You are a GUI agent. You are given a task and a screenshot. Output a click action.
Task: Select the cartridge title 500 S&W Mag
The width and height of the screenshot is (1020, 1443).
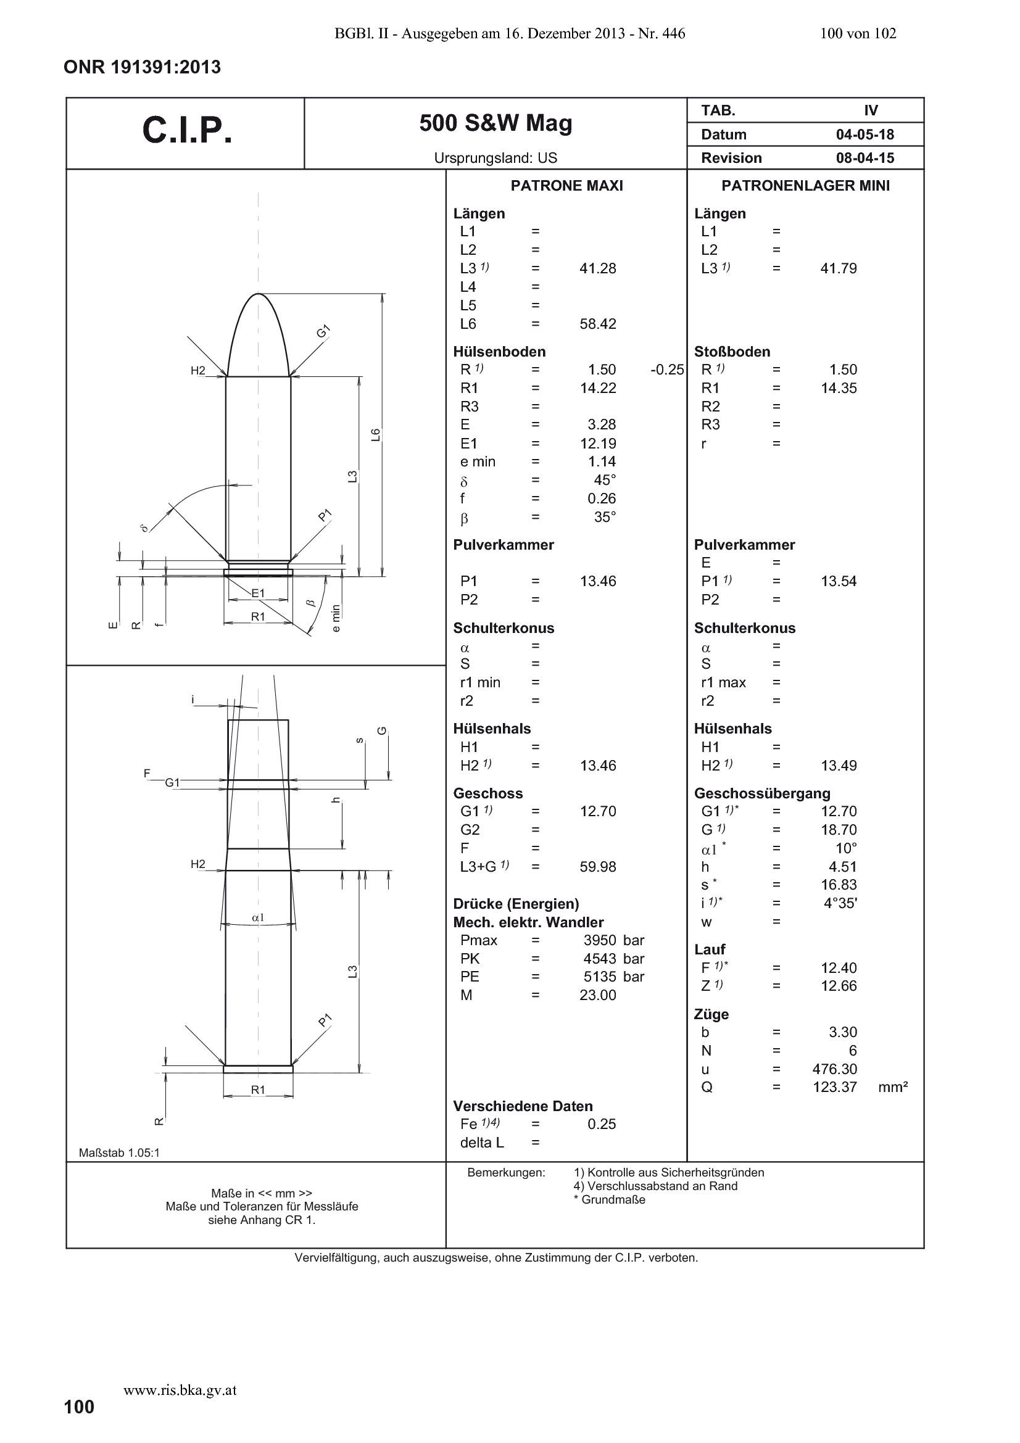coord(496,123)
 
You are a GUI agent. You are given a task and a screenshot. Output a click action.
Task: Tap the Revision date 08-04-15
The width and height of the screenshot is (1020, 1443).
coord(865,158)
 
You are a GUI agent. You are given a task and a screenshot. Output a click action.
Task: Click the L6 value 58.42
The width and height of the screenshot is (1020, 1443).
coord(598,324)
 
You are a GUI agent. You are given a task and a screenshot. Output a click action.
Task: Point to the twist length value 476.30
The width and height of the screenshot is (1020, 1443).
coord(835,1069)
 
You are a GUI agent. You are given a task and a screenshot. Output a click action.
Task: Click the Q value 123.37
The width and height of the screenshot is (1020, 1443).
coord(835,1087)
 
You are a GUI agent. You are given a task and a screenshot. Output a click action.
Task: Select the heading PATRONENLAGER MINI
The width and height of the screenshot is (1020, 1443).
coord(806,186)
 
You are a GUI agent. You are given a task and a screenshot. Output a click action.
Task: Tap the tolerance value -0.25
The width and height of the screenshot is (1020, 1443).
coord(668,370)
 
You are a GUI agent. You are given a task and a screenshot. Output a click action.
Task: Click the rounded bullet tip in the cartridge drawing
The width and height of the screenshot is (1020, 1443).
coord(259,294)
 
